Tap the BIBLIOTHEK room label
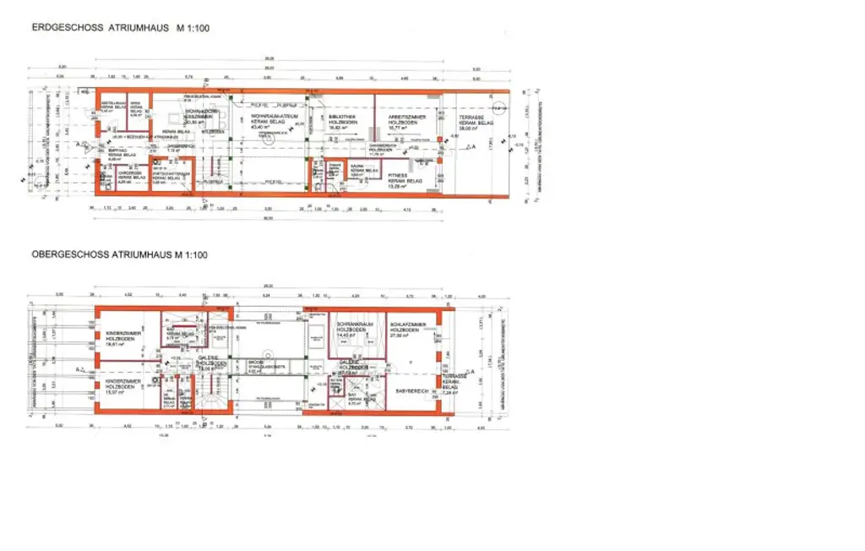(x=342, y=121)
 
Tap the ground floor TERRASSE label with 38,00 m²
(x=473, y=122)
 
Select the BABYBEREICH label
(x=411, y=390)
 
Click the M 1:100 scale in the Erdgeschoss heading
(x=193, y=28)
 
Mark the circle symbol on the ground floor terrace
(x=499, y=108)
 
